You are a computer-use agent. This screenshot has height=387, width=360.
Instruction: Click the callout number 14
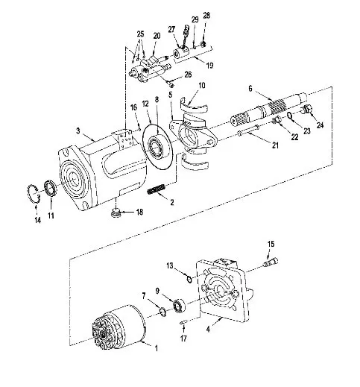pos(37,220)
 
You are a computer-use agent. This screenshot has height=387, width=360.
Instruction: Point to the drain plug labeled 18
pos(116,213)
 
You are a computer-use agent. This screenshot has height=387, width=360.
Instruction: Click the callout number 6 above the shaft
pos(250,88)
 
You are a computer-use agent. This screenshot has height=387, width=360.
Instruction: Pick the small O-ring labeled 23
pos(289,115)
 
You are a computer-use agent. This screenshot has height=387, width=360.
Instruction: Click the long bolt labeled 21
pos(249,130)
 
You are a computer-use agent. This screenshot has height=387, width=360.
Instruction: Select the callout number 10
pos(202,85)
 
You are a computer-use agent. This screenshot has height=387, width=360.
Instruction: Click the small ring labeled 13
pos(189,279)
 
